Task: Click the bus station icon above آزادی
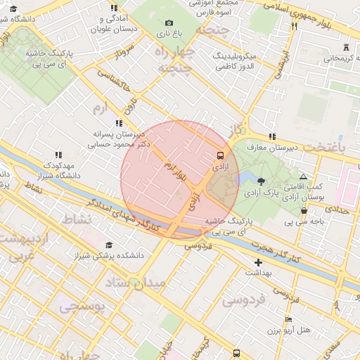221,155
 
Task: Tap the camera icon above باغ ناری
169,23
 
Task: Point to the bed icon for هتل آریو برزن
288,320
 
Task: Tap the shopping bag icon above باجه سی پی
304,211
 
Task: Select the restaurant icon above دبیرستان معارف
272,137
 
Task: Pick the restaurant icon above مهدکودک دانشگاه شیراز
58,155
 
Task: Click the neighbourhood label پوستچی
82,307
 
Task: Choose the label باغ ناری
169,33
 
